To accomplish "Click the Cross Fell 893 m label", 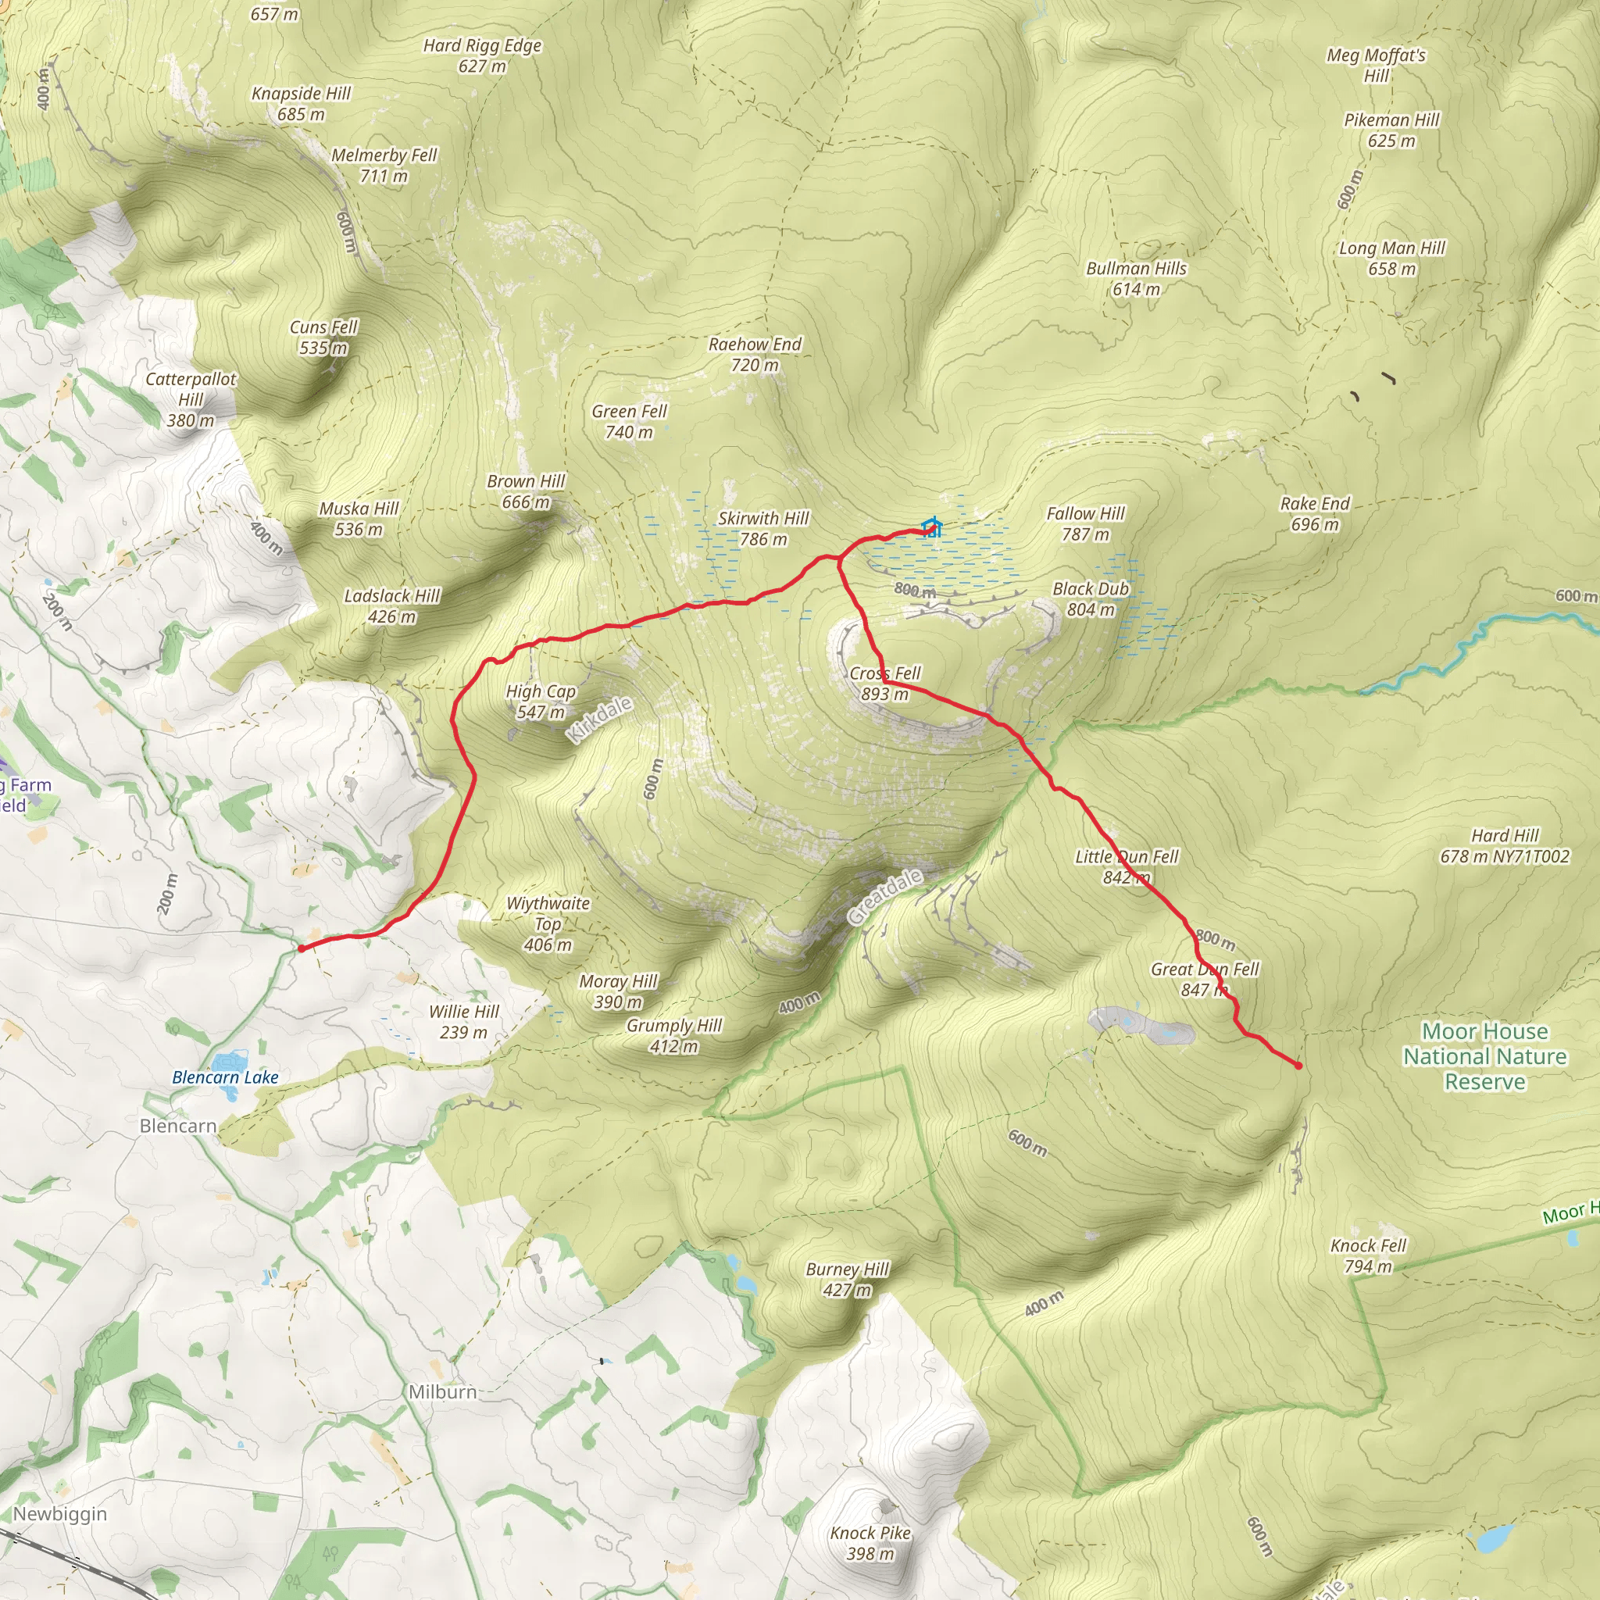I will coord(884,684).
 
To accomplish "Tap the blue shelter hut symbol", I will coord(932,527).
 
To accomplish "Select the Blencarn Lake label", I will coord(224,1077).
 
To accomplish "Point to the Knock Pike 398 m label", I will coord(870,1543).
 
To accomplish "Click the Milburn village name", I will coord(442,1392).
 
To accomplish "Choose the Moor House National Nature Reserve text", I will coord(1484,1056).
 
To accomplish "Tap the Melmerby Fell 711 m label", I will coord(384,165).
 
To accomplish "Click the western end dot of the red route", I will coord(302,948).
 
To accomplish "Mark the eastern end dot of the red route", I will coord(1298,1066).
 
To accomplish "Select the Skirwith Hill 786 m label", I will coord(762,528).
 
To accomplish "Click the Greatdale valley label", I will coord(884,897).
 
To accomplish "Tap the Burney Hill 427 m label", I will coord(846,1280).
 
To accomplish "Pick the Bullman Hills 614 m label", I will coord(1135,278).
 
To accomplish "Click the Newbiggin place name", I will coord(59,1514).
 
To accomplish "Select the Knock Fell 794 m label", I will coord(1367,1255).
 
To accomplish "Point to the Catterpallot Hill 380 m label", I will coord(191,399).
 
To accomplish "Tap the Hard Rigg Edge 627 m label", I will coord(482,55).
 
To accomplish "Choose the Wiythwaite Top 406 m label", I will coord(548,923).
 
